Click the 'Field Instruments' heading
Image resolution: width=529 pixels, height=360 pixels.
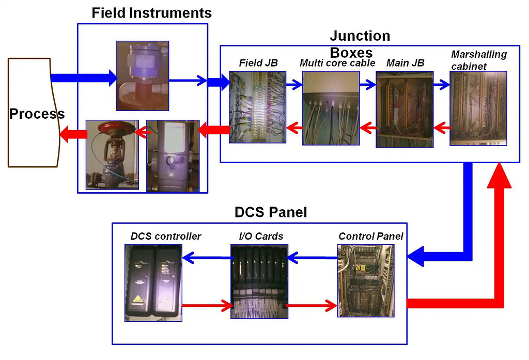(x=151, y=12)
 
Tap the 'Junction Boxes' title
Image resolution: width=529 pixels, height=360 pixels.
(x=360, y=44)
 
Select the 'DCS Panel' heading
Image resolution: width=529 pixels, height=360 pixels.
(x=271, y=212)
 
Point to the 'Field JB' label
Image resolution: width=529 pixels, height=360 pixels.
(x=258, y=64)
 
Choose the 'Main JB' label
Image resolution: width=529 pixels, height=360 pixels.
(x=405, y=64)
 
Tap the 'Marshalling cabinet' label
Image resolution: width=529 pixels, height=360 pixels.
(x=479, y=59)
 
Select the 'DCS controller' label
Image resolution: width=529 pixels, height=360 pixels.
(x=165, y=237)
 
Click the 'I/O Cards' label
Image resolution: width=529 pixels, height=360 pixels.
(x=261, y=237)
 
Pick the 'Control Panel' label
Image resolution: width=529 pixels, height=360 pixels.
(x=370, y=237)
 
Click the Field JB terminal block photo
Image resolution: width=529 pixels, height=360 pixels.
(x=257, y=107)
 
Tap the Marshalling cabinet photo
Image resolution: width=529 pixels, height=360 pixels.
(x=478, y=108)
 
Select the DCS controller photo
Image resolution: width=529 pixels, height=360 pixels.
(x=153, y=283)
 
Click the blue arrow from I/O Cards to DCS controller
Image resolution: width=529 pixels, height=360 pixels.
(x=206, y=256)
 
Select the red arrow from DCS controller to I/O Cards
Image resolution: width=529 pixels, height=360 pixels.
(x=206, y=306)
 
